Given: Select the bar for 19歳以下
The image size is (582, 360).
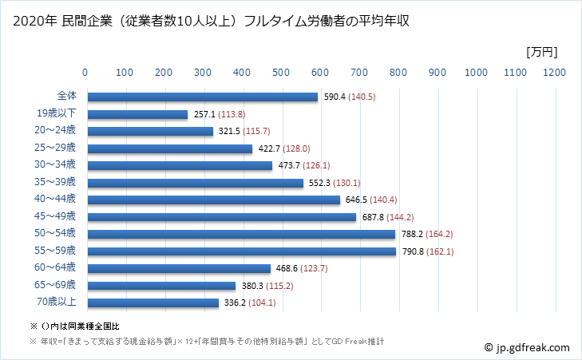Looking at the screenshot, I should tap(137, 114).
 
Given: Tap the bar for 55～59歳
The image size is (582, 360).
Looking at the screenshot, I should tap(240, 251).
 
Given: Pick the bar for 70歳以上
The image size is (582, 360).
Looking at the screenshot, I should tap(152, 303).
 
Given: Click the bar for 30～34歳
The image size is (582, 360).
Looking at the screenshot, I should tap(179, 165).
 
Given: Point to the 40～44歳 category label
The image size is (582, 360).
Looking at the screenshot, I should tap(59, 200).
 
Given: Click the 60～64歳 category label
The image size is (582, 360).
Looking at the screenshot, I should tap(59, 268).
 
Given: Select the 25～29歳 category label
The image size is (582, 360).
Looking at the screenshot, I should tap(59, 148).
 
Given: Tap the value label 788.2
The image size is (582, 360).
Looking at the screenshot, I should tap(412, 235).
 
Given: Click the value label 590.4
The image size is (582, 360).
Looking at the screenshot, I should tap(335, 97).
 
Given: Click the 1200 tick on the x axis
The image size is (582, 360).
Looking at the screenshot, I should tap(553, 73).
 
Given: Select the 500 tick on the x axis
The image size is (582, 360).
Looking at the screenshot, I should tap(281, 73).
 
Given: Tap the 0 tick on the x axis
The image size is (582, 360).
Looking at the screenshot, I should tap(86, 73).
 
